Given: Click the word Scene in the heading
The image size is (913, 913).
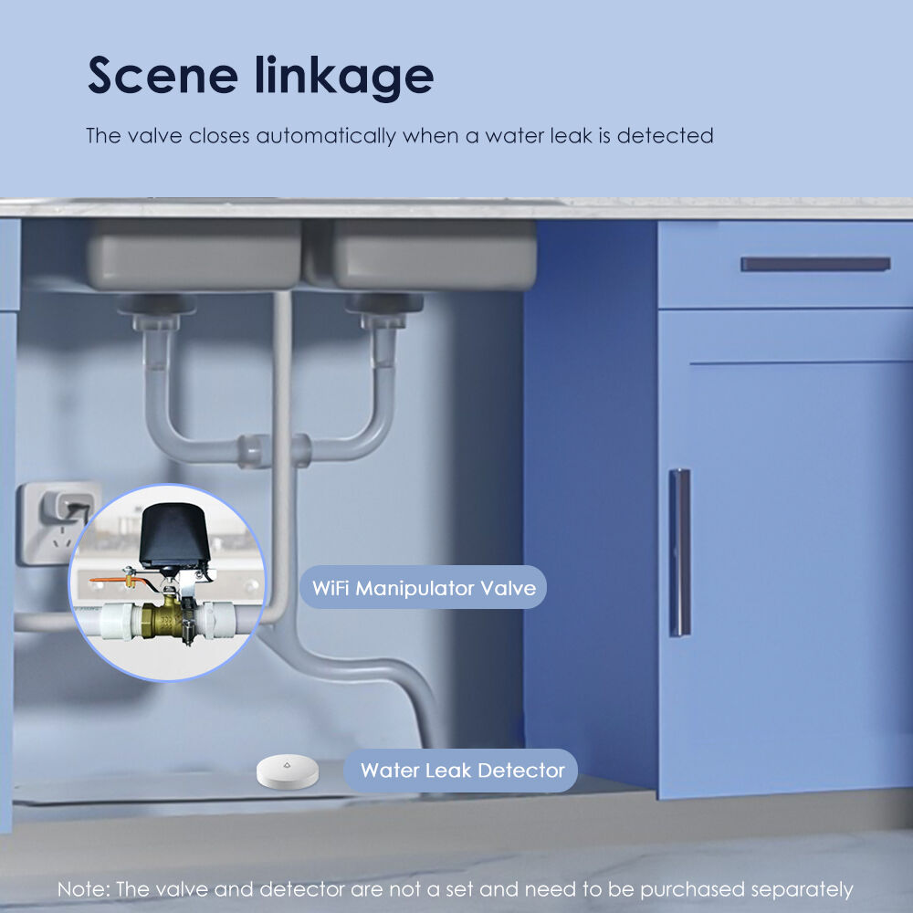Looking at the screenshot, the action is coord(163,75).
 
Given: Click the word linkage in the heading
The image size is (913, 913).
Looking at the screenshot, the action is coord(344,76).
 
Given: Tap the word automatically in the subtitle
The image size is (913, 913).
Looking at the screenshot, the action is coord(326,136).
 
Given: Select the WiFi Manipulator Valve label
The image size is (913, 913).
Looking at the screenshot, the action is coord(424,587).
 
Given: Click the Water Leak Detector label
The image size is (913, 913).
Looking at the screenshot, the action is coord(461,771).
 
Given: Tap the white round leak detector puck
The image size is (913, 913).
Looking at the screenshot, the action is coord(288,771).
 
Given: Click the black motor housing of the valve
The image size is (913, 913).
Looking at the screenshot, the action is coord(173,536).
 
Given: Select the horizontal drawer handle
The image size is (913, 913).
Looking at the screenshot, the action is coord(815,265).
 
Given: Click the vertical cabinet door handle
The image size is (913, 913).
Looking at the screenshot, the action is coord(679,552).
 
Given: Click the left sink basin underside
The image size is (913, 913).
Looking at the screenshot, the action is coord(194,255).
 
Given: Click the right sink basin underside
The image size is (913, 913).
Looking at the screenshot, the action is coord(434,255).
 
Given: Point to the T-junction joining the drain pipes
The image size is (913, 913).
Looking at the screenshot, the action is coord(274,450).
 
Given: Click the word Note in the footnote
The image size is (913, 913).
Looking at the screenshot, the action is coord(83,889).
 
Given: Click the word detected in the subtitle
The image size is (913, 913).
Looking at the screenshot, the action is coord(665,136).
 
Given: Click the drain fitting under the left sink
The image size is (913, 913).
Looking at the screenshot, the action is coord(157,312).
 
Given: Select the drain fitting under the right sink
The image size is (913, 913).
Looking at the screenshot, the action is coord(384,311).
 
